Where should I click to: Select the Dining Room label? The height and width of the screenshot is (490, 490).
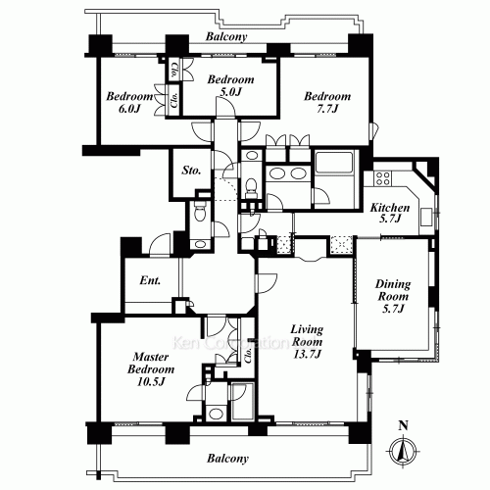(x=394, y=297)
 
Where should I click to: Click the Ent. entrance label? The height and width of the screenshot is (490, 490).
(x=150, y=281)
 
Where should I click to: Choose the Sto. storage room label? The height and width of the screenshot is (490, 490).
(x=192, y=171)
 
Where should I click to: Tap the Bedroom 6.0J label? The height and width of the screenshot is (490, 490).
(x=129, y=104)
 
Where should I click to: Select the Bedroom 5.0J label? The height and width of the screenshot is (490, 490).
(x=231, y=86)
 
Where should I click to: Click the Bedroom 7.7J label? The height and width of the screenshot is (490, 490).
(x=326, y=104)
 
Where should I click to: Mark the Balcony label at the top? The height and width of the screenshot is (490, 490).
(x=226, y=37)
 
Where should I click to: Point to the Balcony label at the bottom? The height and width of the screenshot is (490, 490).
(x=226, y=458)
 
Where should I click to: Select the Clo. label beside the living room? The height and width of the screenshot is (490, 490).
(x=249, y=355)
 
